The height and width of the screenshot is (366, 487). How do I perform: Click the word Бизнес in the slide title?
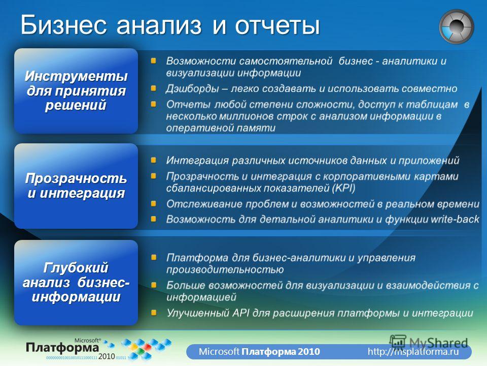(64, 25)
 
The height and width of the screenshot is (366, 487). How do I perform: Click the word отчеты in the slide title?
(277, 25)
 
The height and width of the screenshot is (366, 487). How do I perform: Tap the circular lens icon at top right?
(456, 26)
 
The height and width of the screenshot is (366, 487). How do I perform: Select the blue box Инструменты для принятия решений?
(76, 91)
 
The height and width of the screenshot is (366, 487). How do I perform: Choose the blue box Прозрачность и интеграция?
(76, 186)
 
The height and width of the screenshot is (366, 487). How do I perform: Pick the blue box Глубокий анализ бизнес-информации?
(76, 282)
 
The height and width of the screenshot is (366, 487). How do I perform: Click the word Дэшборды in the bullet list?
(192, 88)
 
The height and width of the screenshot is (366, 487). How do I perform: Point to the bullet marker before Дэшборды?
(153, 88)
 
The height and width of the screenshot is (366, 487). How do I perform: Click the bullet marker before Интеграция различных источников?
(153, 160)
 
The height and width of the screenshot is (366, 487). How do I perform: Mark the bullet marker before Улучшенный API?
(153, 313)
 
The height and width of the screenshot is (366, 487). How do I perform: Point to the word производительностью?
(225, 269)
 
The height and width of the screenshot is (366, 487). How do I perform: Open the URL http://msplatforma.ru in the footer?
(413, 352)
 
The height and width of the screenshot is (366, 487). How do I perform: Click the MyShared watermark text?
(438, 343)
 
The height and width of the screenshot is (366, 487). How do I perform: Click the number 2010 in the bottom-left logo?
(107, 356)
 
